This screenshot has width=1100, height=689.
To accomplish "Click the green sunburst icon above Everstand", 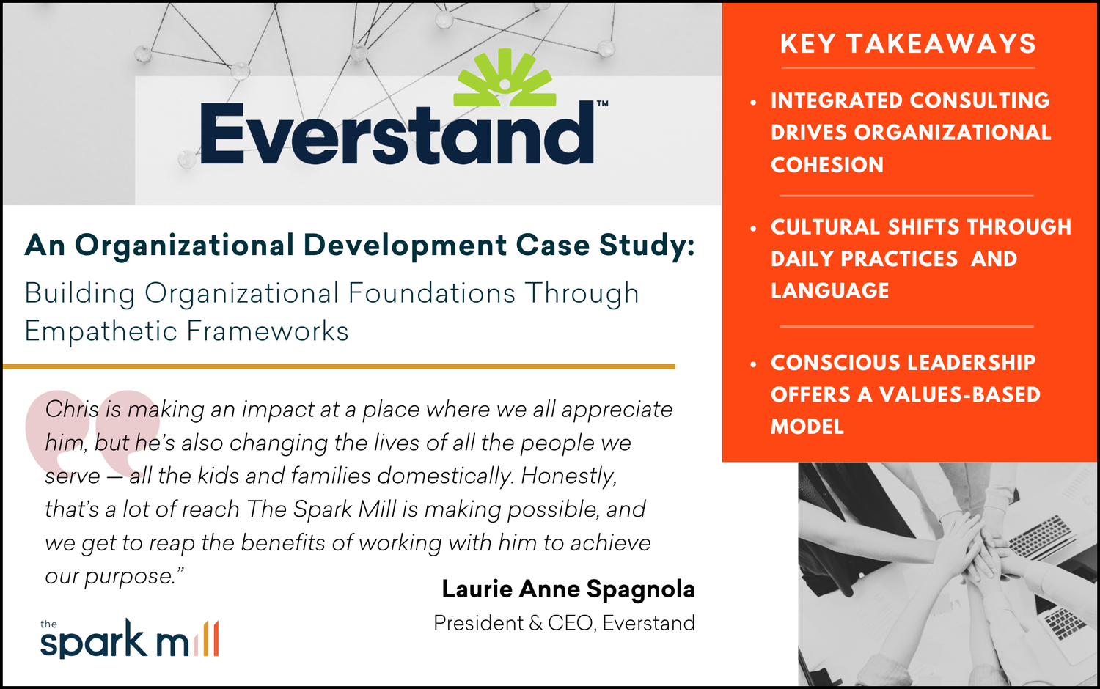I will (x=505, y=79).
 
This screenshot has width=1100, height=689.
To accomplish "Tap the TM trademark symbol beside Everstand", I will (x=602, y=104).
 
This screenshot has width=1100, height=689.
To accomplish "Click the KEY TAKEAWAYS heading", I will (x=908, y=44).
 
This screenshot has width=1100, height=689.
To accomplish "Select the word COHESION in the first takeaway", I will (x=827, y=165).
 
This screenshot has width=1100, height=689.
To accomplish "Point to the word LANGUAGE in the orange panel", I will (x=829, y=291).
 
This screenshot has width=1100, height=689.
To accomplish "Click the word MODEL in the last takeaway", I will (x=807, y=427).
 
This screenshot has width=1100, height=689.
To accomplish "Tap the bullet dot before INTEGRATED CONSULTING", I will (x=753, y=102).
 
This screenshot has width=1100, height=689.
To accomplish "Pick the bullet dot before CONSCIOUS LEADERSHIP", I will (x=753, y=364).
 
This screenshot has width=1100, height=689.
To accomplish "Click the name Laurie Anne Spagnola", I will (x=568, y=589).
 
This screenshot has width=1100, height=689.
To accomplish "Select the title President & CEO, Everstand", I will (x=564, y=623).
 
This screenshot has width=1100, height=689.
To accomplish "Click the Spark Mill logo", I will (x=128, y=639).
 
